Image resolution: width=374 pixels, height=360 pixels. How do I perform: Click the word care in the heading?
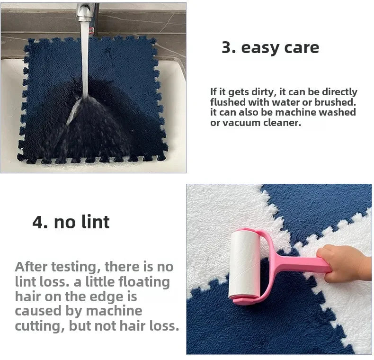pos(302,48)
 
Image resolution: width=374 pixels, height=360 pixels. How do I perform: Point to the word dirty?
pos(262,92)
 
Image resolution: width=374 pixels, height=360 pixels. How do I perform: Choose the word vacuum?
pos(241,123)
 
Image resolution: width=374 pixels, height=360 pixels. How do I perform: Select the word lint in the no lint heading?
pos(96,222)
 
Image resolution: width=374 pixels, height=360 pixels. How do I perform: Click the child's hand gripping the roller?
pos(344,263)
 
